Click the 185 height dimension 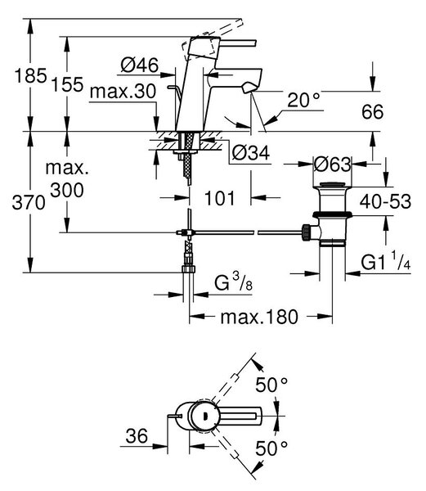[x=30, y=76]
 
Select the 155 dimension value [x=68, y=84]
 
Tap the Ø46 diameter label [x=140, y=65]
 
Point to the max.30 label [x=123, y=92]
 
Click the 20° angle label [x=303, y=100]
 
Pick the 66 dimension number [x=372, y=112]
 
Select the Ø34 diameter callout [x=251, y=153]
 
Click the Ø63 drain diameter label [x=333, y=164]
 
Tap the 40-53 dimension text [x=385, y=201]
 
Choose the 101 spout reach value [x=219, y=198]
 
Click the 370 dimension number [x=29, y=203]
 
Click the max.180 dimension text [x=259, y=317]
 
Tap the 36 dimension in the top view [x=137, y=435]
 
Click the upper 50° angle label [x=271, y=385]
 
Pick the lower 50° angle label [x=271, y=448]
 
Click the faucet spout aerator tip [x=248, y=87]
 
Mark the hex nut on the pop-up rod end [x=306, y=232]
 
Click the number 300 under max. [x=67, y=190]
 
